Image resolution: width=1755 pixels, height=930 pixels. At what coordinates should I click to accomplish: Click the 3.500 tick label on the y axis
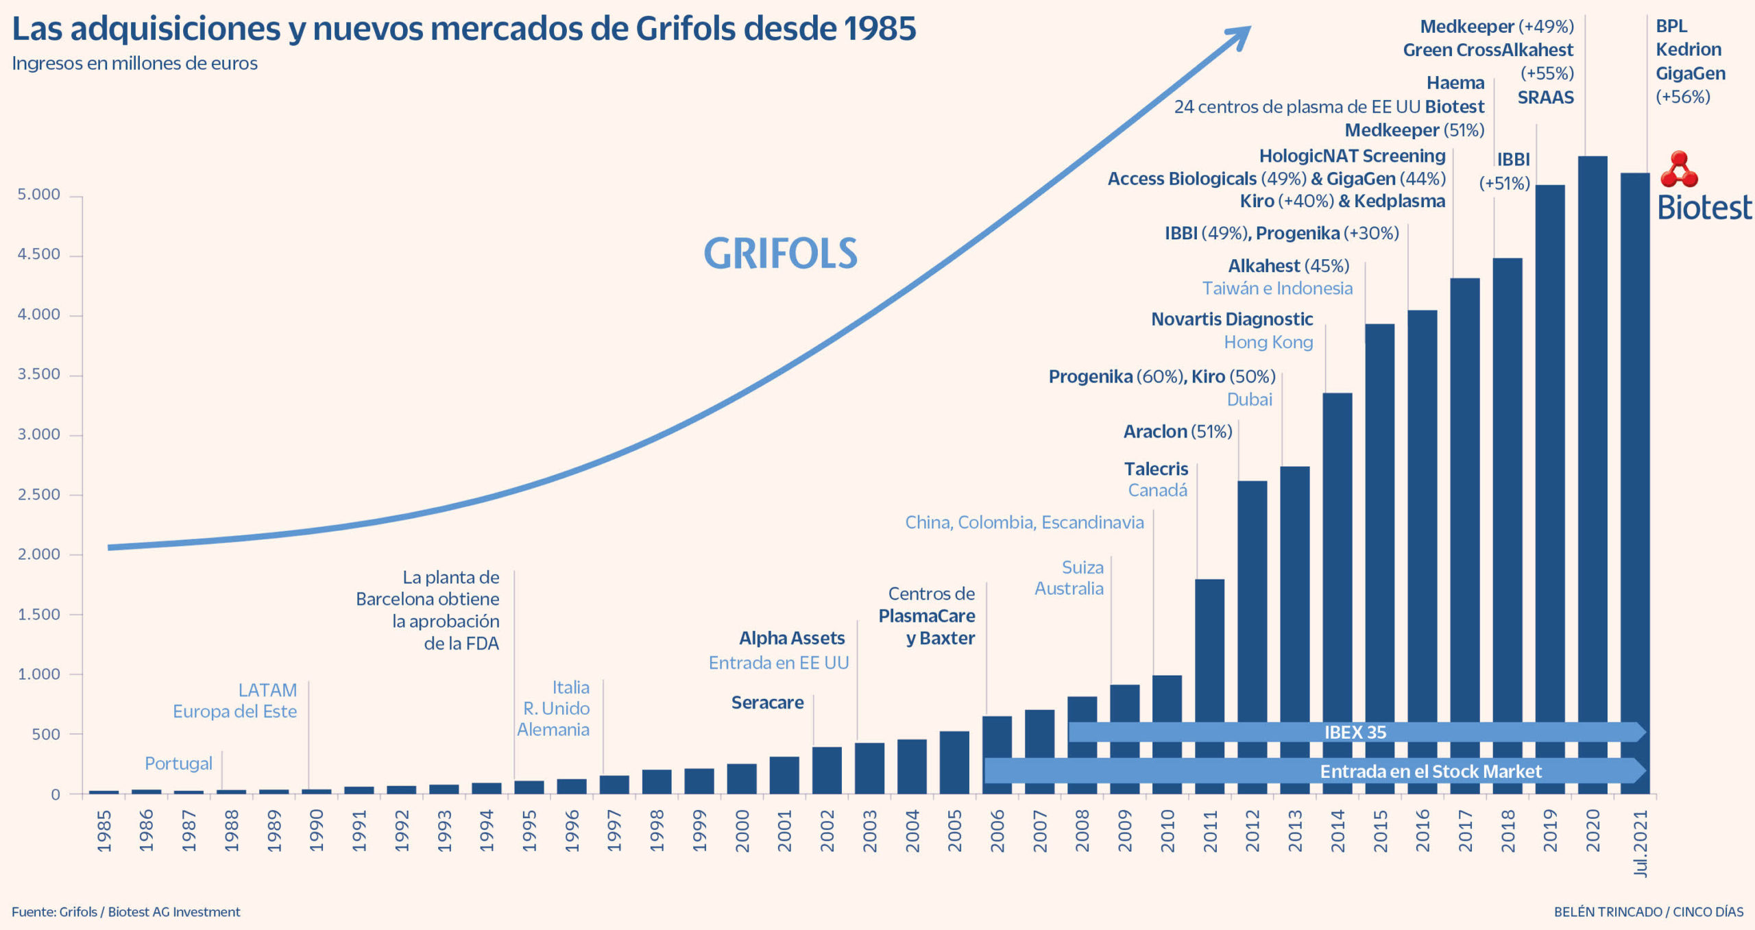(39, 374)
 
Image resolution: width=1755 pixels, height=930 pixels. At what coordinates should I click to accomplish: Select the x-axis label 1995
(529, 831)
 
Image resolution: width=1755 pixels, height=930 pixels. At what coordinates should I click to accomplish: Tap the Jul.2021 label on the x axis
(1641, 843)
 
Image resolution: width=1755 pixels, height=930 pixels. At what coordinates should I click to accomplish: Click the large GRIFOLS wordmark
(780, 254)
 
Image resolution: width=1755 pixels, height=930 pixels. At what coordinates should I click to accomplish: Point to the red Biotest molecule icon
(1679, 170)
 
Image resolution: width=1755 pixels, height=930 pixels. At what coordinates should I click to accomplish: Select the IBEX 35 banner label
(1355, 732)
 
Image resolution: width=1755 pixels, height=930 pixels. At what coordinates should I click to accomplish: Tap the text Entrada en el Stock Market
(1431, 772)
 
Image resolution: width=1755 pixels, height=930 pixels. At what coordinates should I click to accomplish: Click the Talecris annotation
(1156, 469)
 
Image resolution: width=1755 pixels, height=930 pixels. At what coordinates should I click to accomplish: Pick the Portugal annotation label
(178, 763)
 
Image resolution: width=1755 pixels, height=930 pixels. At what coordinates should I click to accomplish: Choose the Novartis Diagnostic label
(1232, 319)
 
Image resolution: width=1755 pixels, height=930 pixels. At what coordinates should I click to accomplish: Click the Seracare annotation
(767, 702)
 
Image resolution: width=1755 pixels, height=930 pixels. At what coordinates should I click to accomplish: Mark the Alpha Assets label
(792, 638)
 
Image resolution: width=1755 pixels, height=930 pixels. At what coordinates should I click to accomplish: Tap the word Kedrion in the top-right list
(1689, 49)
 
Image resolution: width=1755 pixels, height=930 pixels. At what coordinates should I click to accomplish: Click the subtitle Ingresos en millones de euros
(135, 64)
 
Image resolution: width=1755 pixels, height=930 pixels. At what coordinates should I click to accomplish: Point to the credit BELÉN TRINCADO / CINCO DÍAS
(1648, 911)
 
